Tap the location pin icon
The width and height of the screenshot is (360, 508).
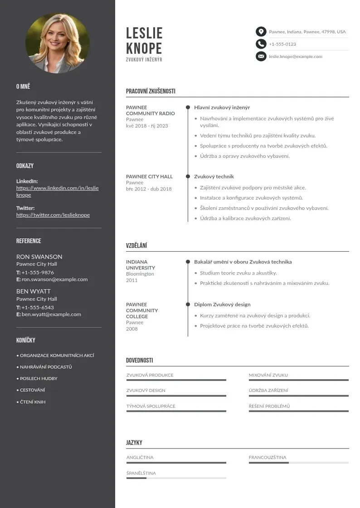pyautogui.click(x=261, y=32)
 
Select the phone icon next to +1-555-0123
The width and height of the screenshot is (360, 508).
pyautogui.click(x=261, y=44)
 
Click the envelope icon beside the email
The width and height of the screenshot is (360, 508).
pyautogui.click(x=261, y=56)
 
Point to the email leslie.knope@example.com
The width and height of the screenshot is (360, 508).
pyautogui.click(x=295, y=57)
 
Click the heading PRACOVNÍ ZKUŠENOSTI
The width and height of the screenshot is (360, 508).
pyautogui.click(x=151, y=91)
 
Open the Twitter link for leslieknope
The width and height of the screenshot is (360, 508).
pyautogui.click(x=53, y=215)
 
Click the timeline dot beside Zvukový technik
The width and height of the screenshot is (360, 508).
pyautogui.click(x=188, y=176)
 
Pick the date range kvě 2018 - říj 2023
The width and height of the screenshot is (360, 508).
pyautogui.click(x=147, y=126)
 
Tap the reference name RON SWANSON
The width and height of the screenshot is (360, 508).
pyautogui.click(x=39, y=257)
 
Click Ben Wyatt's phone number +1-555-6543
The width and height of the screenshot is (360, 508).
pyautogui.click(x=38, y=308)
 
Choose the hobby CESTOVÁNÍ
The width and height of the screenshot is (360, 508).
pyautogui.click(x=32, y=390)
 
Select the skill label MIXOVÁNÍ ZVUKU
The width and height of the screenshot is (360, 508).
pyautogui.click(x=268, y=375)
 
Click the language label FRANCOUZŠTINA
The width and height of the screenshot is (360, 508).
pyautogui.click(x=268, y=458)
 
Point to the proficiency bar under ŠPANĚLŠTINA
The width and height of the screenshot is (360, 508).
pyautogui.click(x=176, y=478)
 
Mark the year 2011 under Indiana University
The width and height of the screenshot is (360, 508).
pyautogui.click(x=131, y=280)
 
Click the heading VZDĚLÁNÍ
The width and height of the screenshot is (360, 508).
pyautogui.click(x=136, y=246)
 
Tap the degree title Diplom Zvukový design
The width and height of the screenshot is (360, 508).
pyautogui.click(x=222, y=304)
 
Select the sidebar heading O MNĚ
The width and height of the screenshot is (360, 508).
pyautogui.click(x=23, y=87)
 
